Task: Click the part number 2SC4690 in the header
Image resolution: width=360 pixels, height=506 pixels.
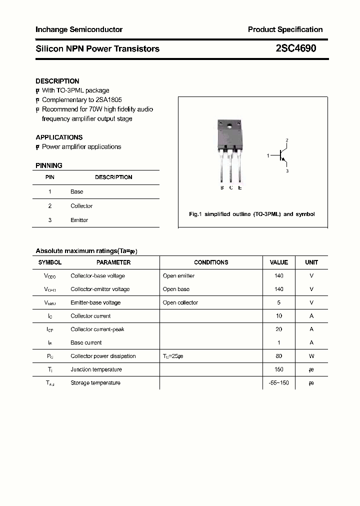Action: pos(295,48)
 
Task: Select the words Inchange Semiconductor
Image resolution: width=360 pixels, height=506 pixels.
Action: pos(79,29)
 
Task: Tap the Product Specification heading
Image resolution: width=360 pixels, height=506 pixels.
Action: pos(285,29)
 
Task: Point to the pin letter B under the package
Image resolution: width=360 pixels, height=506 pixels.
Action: pos(222,187)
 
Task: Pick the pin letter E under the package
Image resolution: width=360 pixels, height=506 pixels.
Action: pos(240,187)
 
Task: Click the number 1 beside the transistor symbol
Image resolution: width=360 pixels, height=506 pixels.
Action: pos(268,156)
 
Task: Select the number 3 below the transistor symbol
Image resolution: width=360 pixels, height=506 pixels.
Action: pos(287,171)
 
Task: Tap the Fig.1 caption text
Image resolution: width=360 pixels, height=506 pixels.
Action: pos(251,214)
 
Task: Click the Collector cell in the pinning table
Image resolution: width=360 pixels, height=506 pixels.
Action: pos(81,206)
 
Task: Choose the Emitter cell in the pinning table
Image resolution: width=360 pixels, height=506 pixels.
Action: pos(79,220)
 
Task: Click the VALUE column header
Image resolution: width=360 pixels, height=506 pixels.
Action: pos(278,262)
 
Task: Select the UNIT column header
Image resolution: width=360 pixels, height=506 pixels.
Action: pos(311,262)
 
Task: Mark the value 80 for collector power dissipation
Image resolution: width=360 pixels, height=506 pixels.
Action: pos(278,356)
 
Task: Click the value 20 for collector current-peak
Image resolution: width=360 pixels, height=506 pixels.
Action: pos(278,329)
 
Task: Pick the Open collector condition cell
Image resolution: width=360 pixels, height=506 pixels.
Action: pos(180,302)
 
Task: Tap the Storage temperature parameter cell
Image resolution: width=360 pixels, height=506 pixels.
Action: pos(95,382)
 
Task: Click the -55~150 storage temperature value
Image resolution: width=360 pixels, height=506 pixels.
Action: pos(278,382)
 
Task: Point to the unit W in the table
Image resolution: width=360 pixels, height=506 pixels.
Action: pos(311,356)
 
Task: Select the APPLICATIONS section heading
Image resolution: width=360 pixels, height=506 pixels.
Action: pos(59,137)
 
